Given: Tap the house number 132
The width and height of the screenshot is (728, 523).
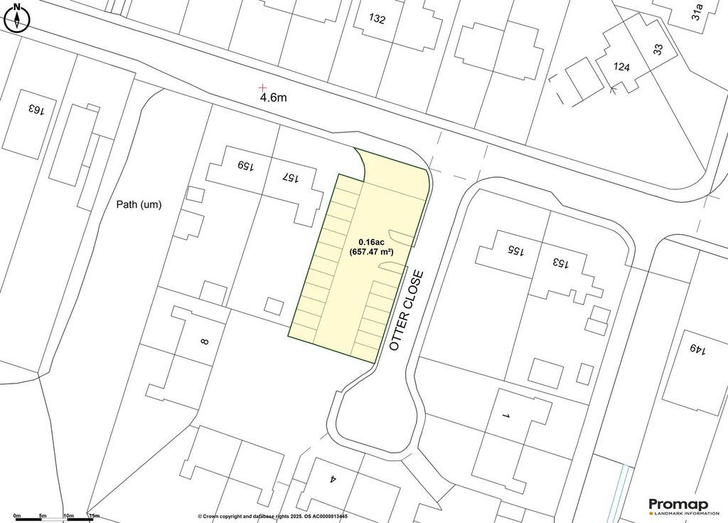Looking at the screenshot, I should [378, 19].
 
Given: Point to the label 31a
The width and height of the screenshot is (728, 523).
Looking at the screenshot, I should [699, 13].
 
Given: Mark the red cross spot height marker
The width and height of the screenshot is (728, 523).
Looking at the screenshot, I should [263, 87].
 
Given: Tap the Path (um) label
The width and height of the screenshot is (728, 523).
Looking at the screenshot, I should [139, 205].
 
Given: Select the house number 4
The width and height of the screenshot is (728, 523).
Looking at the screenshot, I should [332, 480].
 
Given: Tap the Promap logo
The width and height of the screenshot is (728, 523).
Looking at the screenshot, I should [682, 504].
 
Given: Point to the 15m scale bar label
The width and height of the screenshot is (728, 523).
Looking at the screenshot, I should [93, 516].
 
